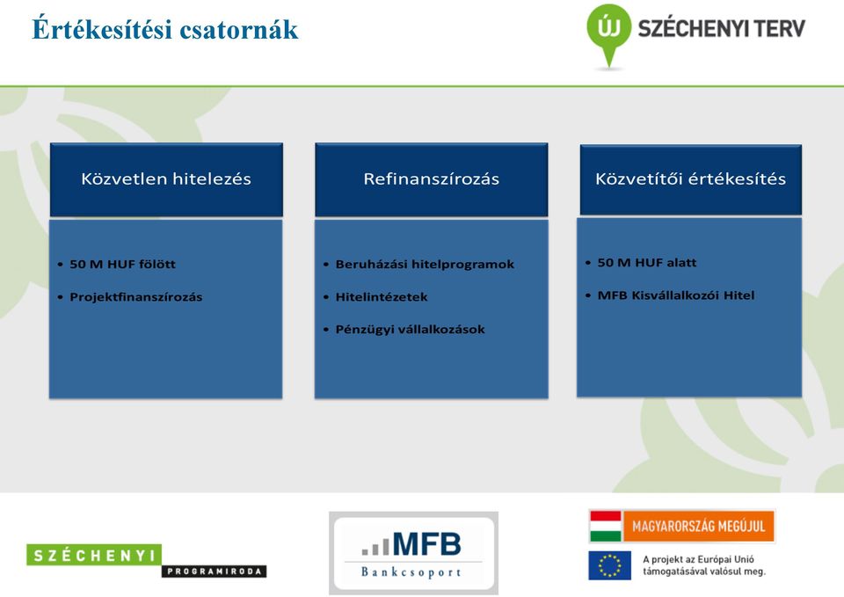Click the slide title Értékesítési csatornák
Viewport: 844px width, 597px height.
(164, 29)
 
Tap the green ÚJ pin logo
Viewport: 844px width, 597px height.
(608, 33)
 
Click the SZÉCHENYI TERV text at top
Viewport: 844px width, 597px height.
(721, 28)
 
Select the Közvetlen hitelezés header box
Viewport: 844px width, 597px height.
(166, 179)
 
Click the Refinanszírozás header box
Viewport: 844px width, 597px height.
(431, 179)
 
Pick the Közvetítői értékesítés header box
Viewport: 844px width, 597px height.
(691, 179)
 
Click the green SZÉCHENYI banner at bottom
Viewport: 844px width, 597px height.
(94, 555)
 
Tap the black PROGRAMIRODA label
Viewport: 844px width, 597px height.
(215, 572)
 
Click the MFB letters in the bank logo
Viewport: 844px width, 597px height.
(427, 544)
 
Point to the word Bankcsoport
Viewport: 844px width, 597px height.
(411, 572)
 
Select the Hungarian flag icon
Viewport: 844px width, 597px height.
(606, 526)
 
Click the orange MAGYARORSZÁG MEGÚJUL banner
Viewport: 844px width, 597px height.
(699, 526)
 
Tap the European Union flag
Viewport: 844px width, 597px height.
(610, 565)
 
